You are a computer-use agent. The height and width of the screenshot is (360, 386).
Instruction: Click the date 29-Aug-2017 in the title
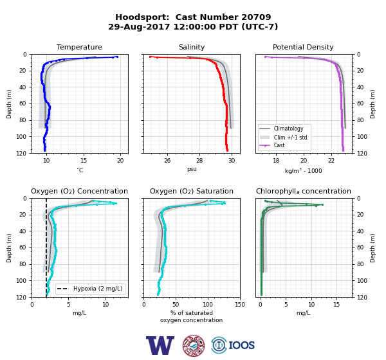[x=139, y=26]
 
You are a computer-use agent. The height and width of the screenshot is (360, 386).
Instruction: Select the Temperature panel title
[x=79, y=47]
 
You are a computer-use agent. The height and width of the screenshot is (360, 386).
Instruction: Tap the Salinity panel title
[x=192, y=47]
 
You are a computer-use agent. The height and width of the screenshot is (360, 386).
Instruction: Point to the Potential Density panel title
[x=303, y=47]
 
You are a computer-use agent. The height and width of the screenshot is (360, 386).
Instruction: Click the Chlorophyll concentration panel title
[x=303, y=191]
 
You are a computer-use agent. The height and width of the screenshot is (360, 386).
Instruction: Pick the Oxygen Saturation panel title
[x=192, y=191]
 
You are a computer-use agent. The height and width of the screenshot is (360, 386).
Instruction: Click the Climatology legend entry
[x=288, y=129]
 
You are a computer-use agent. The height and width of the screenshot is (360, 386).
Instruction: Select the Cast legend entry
[x=279, y=145]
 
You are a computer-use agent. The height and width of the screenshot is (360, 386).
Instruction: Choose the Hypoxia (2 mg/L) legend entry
[x=98, y=289]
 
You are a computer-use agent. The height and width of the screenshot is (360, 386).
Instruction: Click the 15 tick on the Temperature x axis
[x=84, y=161]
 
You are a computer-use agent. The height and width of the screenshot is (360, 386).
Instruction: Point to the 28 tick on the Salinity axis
[x=199, y=161]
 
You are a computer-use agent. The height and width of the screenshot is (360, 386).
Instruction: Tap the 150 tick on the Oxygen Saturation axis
[x=240, y=305]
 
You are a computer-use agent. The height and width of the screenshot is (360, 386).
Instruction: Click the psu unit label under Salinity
[x=192, y=169]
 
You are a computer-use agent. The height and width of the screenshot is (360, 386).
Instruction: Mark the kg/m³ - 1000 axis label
[x=303, y=170]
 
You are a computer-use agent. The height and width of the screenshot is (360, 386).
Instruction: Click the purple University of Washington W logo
[x=160, y=345]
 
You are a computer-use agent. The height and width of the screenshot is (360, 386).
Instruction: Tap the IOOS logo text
[x=241, y=345]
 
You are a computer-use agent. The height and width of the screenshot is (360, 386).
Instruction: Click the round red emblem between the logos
[x=194, y=345]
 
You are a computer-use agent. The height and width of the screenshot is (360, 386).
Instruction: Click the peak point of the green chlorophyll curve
[x=322, y=204]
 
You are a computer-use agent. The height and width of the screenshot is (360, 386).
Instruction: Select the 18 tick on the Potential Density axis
[x=276, y=161]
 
